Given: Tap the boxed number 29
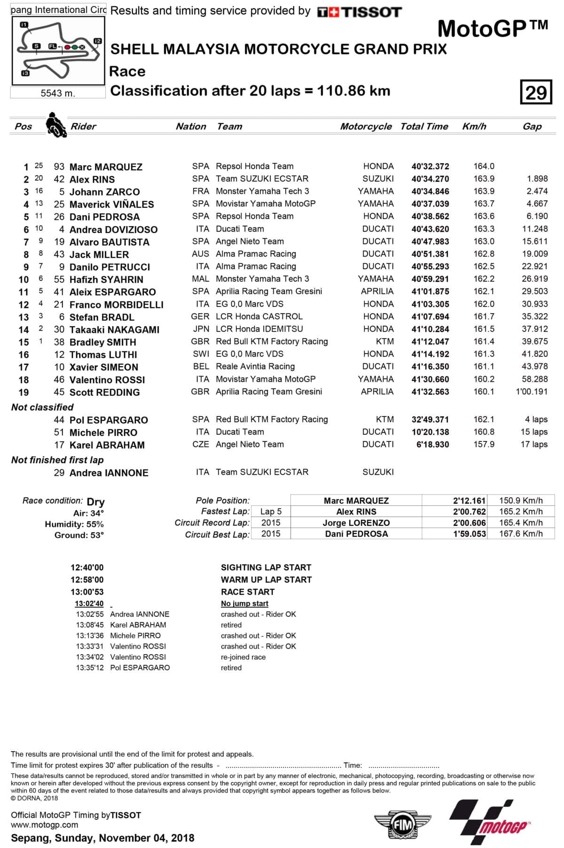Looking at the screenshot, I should pos(536,92).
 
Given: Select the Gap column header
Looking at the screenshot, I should pos(532,126).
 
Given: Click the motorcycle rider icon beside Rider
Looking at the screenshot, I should pos(56,125).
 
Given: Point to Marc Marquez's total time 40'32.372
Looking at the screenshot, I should pos(430,166).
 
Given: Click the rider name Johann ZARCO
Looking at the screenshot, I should pos(104,192).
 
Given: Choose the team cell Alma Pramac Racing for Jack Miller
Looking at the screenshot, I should pos(256,254).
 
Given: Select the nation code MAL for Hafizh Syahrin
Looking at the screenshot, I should pos(200,279).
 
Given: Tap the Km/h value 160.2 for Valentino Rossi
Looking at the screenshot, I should pos(484,379).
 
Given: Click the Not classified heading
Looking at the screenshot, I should pos(42,407).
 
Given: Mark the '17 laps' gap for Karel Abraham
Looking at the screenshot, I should pos(534,444).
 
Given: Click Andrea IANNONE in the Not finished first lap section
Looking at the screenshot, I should pos(109,473).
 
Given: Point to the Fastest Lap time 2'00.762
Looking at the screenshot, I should pos(469,511).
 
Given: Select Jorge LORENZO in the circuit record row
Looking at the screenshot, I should pos(356,523).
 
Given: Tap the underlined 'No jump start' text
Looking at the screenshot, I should pos(244,604).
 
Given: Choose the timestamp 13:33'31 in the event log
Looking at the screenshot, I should pos(89,646).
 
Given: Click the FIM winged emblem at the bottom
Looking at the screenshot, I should pos(402,824).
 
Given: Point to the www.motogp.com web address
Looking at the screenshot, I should pos(45,824).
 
